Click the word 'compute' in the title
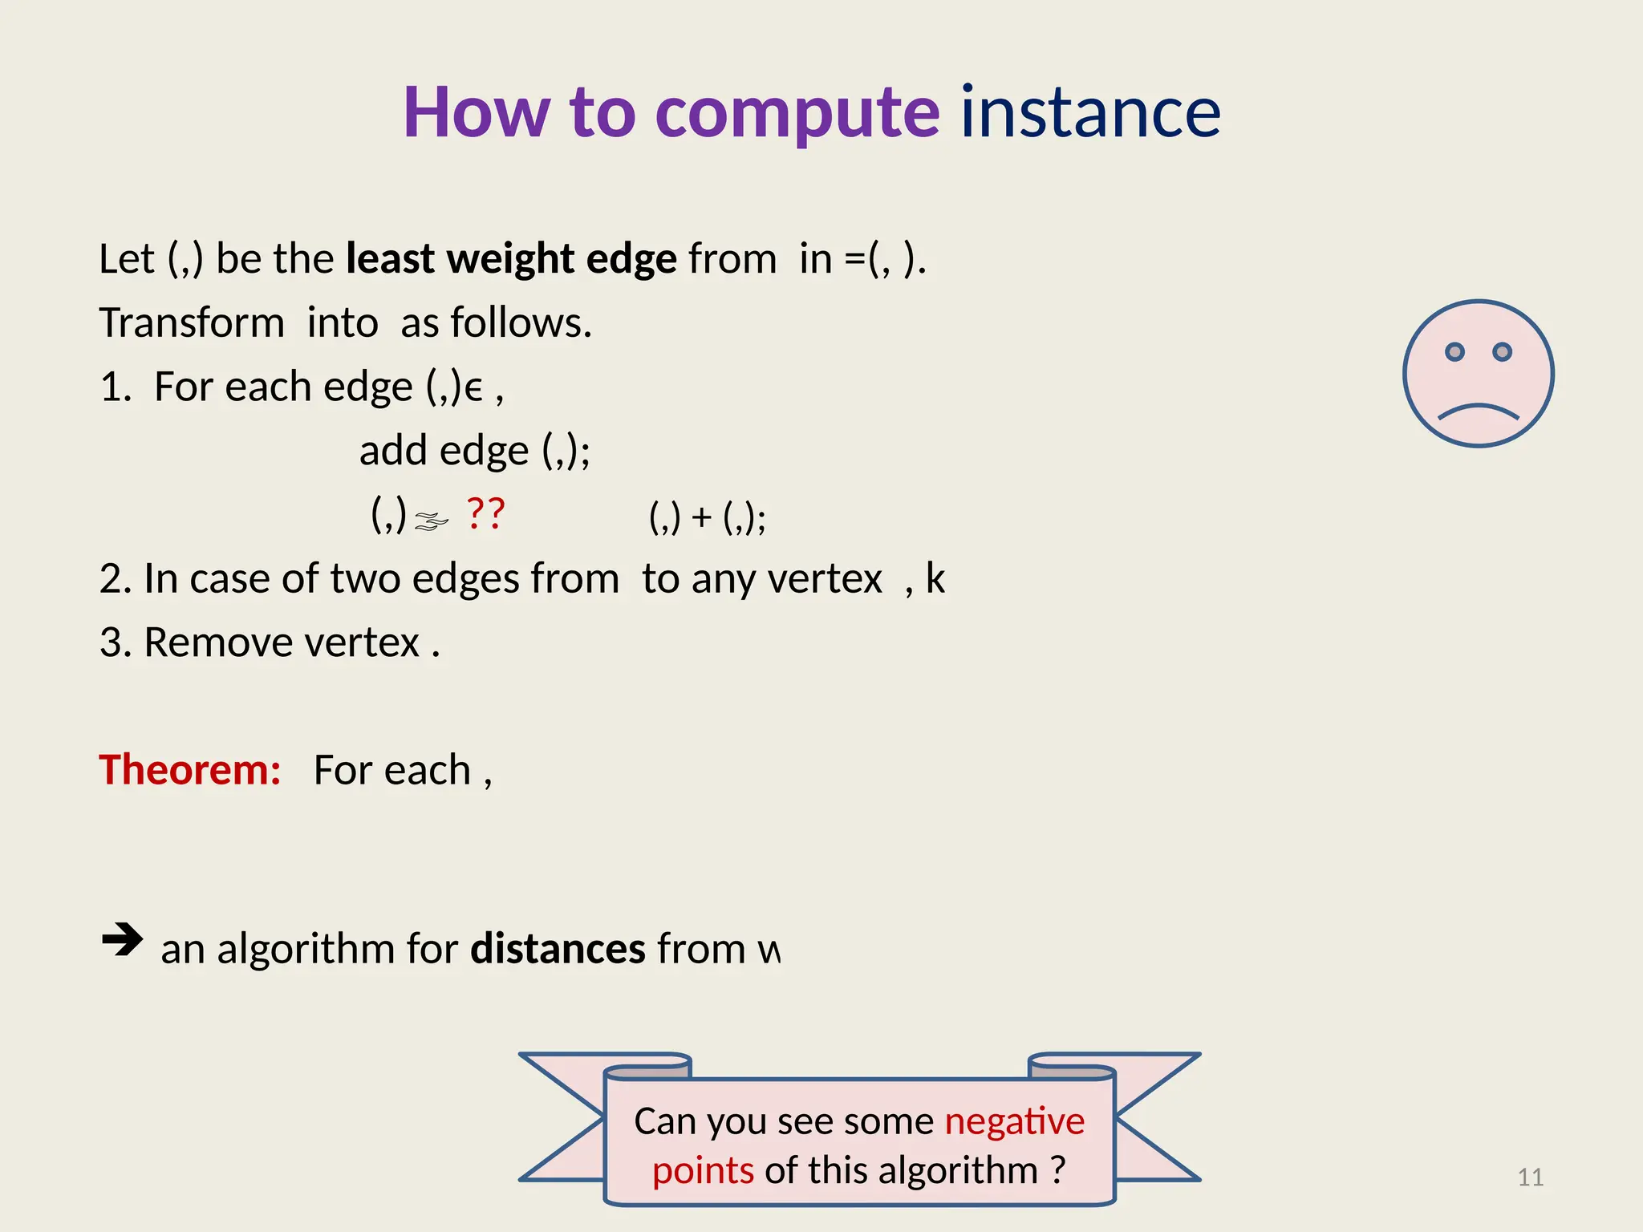[797, 114]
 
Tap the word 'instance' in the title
[1090, 112]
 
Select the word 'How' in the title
[477, 112]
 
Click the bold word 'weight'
[510, 260]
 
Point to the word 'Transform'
[192, 323]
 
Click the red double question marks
[485, 513]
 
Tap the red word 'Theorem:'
[190, 770]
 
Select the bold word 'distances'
[558, 949]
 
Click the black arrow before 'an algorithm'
[122, 939]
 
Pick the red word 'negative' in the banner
[1014, 1121]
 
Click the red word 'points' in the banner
[703, 1170]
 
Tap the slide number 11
[1530, 1177]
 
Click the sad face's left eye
[1454, 352]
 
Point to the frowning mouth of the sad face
[1478, 411]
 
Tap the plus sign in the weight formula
[702, 517]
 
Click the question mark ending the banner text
[1058, 1169]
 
